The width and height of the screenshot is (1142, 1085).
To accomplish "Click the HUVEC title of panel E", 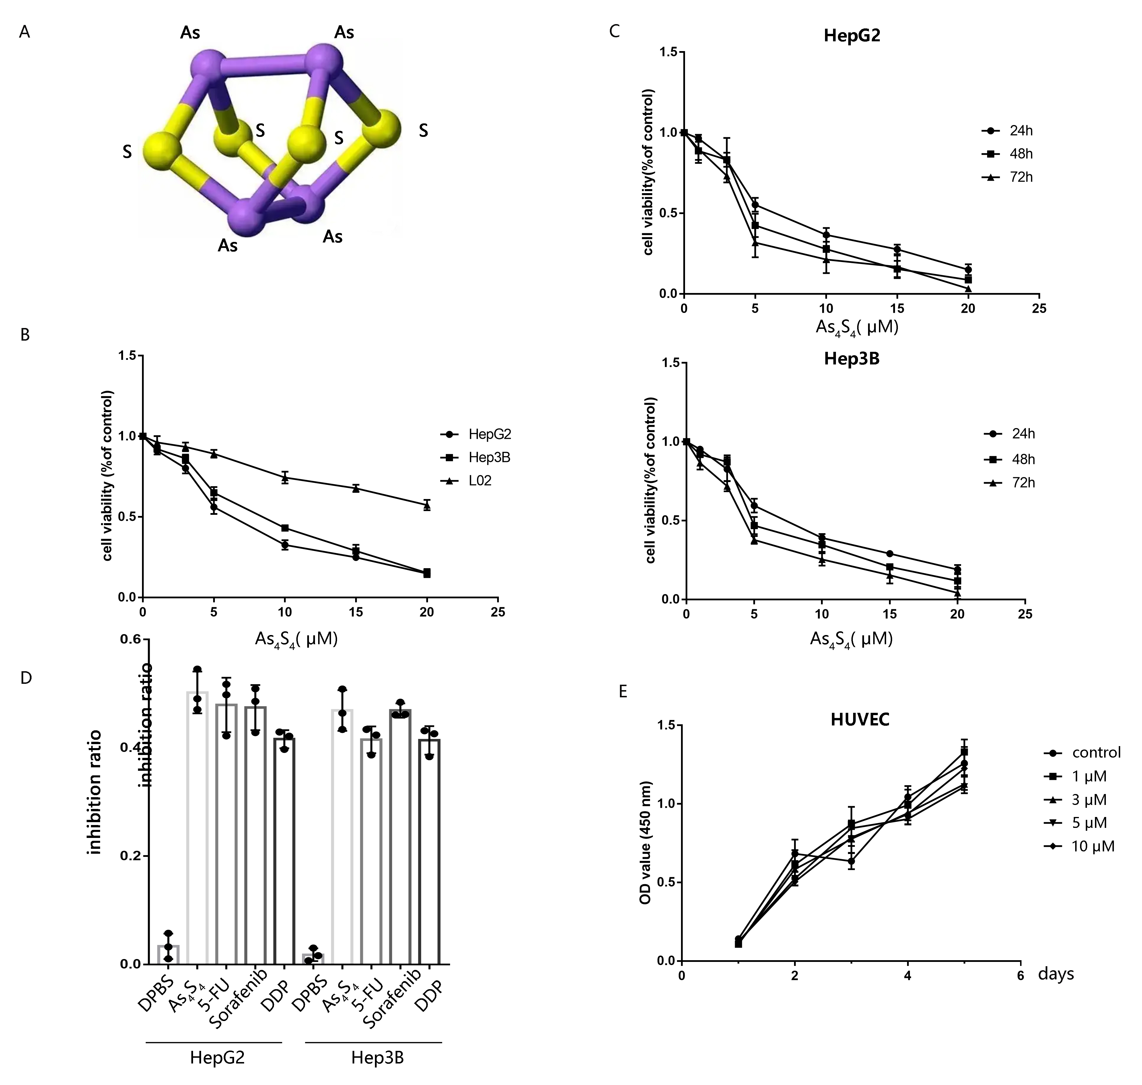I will click(860, 719).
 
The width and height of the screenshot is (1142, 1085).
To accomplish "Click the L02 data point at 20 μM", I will click(427, 505).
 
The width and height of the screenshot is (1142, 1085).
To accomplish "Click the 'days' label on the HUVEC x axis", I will click(1056, 974).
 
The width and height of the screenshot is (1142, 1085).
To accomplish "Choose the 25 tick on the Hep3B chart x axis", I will click(1025, 614).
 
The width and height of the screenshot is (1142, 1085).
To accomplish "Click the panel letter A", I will click(24, 32).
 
